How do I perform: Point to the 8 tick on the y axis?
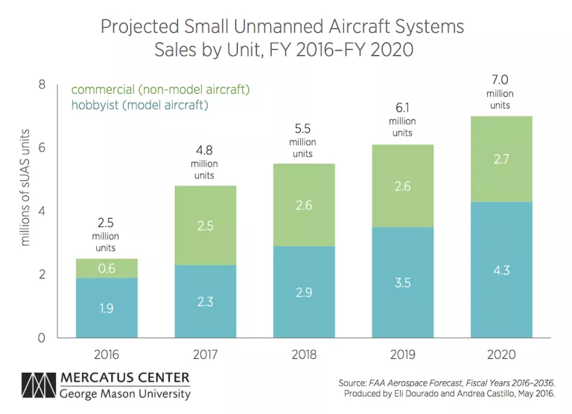pos(42,85)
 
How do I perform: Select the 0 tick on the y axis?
pos(42,338)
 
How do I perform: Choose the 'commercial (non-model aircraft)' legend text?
pos(160,89)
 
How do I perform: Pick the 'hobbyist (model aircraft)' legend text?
pos(139,105)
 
